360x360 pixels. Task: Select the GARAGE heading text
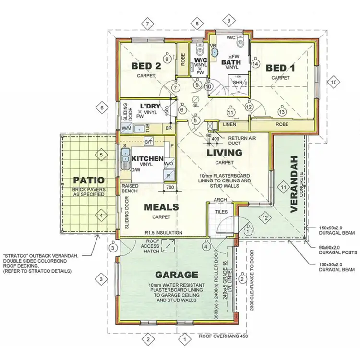176,275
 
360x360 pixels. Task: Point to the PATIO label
89,180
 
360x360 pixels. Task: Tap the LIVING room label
224,153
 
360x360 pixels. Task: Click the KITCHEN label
144,159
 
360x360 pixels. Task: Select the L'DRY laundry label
149,106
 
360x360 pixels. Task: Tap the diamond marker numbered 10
334,82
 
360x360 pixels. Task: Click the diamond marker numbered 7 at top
148,23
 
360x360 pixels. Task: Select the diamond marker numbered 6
102,108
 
